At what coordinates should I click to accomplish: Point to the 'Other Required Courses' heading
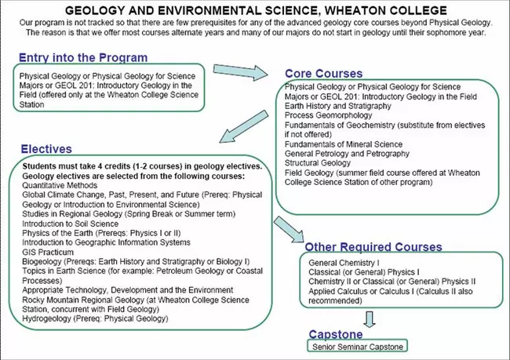click(x=373, y=247)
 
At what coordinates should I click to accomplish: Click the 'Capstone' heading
click(x=335, y=333)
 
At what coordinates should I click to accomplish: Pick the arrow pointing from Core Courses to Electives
click(x=243, y=123)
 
